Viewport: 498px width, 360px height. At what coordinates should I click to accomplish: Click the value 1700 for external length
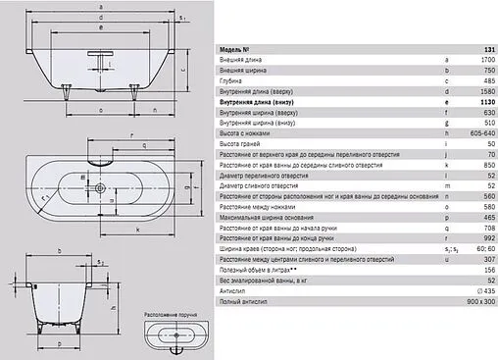tap(481, 60)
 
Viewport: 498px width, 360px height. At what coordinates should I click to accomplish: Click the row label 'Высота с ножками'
tap(246, 132)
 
